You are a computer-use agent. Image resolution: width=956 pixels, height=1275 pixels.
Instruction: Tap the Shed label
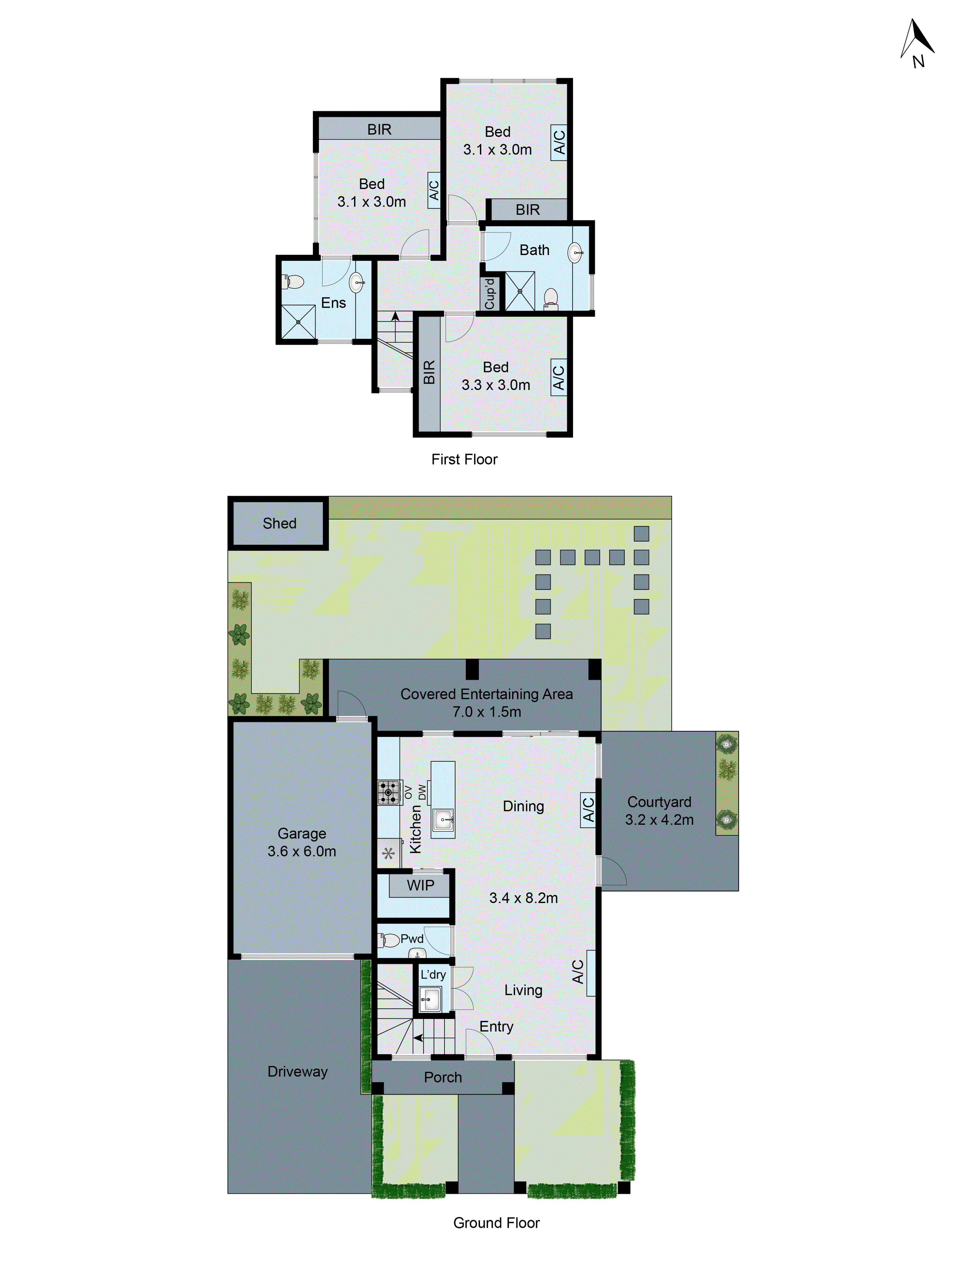click(x=279, y=524)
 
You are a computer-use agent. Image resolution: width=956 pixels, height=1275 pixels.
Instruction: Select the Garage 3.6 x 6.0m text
click(x=301, y=842)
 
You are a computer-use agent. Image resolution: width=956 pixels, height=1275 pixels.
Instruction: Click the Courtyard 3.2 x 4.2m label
click(x=659, y=810)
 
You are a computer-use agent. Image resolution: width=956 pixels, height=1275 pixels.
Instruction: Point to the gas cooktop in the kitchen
click(x=389, y=792)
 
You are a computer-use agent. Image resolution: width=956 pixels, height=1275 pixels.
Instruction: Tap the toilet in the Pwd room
click(x=390, y=941)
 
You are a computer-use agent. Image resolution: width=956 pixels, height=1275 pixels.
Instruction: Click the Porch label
click(x=443, y=1077)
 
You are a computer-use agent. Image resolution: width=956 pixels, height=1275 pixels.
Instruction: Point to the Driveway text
click(x=297, y=1072)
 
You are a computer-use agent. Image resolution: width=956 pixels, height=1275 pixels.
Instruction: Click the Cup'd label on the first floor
click(x=490, y=294)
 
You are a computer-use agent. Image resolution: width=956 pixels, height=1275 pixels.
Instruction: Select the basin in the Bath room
click(x=575, y=253)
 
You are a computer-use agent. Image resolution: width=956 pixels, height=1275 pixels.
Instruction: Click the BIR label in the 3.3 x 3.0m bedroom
click(x=429, y=372)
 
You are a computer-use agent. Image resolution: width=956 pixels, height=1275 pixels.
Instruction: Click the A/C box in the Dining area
click(x=588, y=809)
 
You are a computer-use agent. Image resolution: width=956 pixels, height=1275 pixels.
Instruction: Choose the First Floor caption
click(x=464, y=459)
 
